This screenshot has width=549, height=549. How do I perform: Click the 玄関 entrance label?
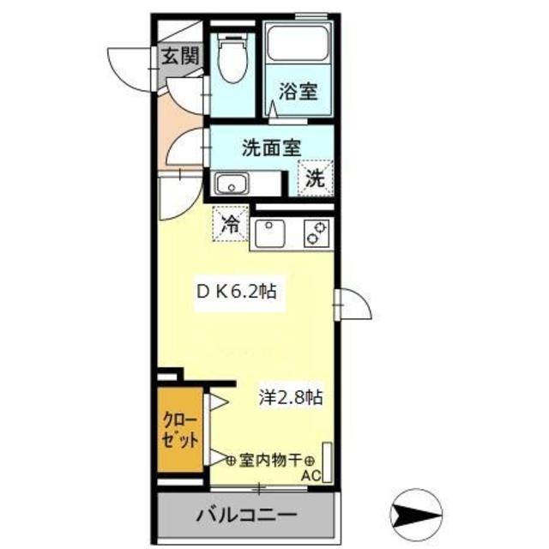(x=181, y=57)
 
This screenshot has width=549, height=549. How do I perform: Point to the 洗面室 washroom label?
(x=269, y=148)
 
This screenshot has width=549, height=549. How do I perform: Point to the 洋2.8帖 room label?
(x=292, y=398)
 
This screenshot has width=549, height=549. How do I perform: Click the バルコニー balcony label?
(x=245, y=517)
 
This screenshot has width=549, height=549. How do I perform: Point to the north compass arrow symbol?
(x=416, y=515)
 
